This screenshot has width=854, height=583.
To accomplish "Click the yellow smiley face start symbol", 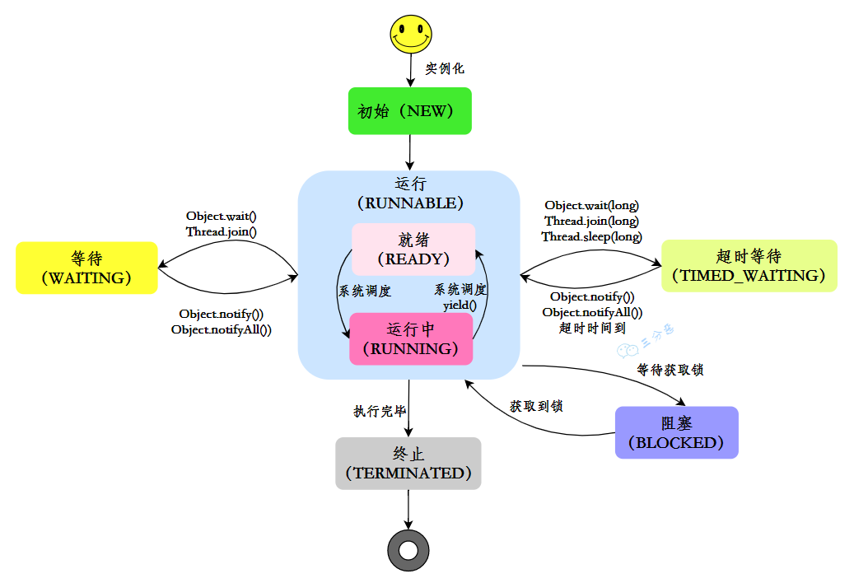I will (x=410, y=34).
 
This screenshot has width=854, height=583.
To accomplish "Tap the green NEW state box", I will (x=409, y=110).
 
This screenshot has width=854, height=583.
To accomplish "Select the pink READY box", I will (x=413, y=249).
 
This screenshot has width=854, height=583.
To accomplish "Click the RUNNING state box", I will (x=412, y=338).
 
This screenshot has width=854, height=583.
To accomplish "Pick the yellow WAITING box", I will (x=86, y=268).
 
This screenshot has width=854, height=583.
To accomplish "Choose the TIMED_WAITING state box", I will (x=749, y=265).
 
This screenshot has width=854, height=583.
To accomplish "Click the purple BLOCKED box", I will (x=676, y=432).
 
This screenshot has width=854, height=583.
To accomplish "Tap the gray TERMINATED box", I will (x=408, y=464).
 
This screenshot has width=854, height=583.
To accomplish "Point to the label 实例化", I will (x=445, y=69).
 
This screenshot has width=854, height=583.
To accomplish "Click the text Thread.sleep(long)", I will (x=591, y=236).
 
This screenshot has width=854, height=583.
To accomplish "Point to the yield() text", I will (x=460, y=305).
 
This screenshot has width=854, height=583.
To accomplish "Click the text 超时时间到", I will (x=591, y=328).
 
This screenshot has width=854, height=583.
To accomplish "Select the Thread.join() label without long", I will (x=221, y=231).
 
